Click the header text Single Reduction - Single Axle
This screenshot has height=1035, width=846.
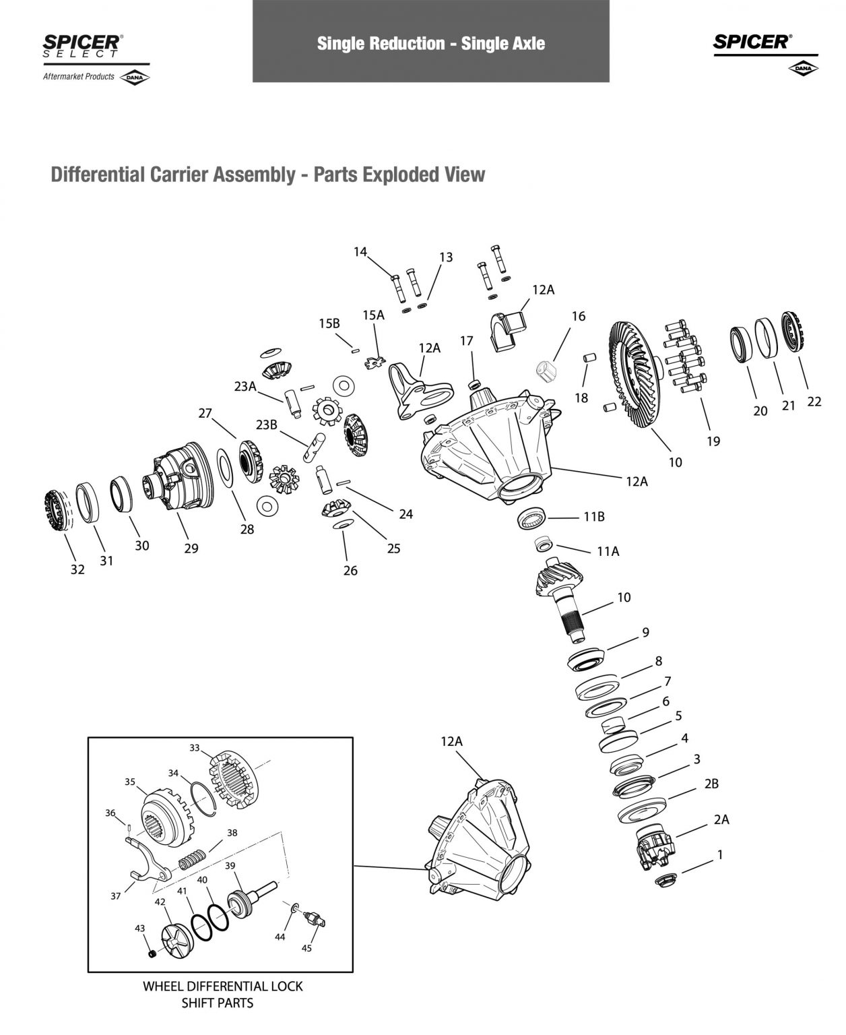pos(430,44)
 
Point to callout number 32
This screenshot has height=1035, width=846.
pos(77,569)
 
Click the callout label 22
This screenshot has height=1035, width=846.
pos(814,402)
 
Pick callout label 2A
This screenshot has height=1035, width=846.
pos(721,819)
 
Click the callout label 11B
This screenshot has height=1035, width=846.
pos(593,517)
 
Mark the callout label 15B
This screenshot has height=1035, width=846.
pos(329,323)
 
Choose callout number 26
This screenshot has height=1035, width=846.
pos(350,571)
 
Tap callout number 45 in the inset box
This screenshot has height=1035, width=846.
pos(306,948)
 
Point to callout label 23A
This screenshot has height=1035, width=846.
pos(245,386)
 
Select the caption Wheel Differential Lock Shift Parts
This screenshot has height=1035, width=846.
pos(222,993)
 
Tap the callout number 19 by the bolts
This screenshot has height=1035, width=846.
pos(713,441)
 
